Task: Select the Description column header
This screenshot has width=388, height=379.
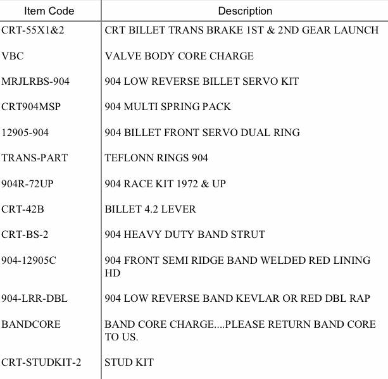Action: [x=245, y=11]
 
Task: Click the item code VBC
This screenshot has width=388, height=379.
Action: [x=13, y=56]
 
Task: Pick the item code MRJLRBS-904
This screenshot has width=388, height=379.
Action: [x=35, y=82]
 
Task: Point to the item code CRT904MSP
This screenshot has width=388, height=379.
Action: [x=31, y=107]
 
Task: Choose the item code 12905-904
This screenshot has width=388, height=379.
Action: [x=25, y=132]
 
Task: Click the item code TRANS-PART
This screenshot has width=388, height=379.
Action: [x=34, y=158]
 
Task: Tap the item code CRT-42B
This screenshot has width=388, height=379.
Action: [x=23, y=209]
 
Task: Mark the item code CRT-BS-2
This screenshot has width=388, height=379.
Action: [x=25, y=234]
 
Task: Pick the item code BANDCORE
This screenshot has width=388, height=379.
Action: [x=31, y=324]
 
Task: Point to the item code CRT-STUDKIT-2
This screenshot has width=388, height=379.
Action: [x=41, y=363]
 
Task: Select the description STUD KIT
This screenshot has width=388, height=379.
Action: [x=129, y=363]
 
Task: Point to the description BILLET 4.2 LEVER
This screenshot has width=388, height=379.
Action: [x=150, y=209]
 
